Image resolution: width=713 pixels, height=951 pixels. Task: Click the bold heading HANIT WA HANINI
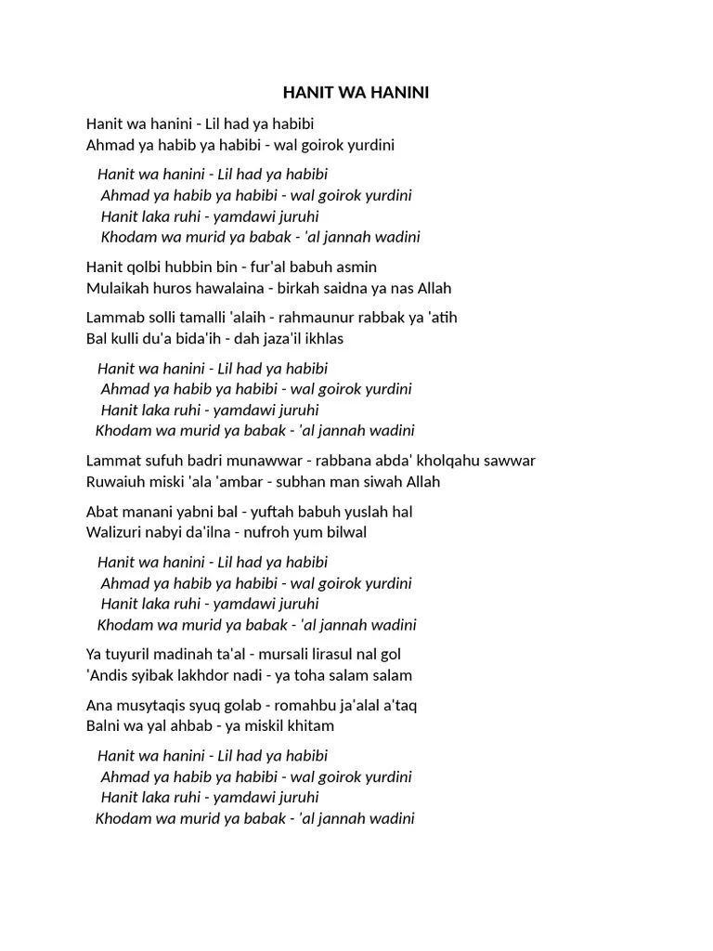(356, 93)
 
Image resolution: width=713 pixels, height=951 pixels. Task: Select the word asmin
(356, 267)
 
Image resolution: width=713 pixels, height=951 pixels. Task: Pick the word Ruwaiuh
(114, 482)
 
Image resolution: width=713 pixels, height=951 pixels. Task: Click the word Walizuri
(115, 532)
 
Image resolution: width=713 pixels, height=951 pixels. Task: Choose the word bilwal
(344, 532)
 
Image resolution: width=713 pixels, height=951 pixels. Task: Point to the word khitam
(311, 725)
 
